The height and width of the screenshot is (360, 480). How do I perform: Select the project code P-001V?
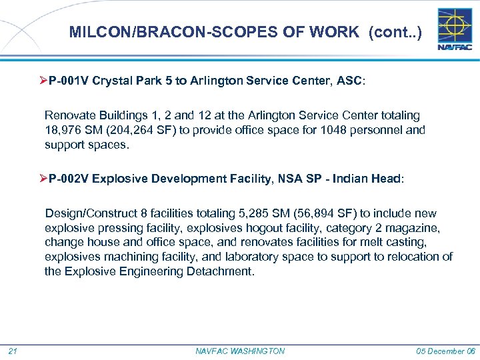click(x=70, y=81)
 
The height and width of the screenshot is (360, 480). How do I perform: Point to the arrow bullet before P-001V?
click(x=43, y=81)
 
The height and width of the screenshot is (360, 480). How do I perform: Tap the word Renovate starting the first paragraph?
click(x=67, y=115)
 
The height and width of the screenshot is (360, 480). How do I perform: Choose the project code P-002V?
click(x=70, y=179)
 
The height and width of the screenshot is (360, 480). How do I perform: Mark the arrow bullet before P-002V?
click(x=43, y=179)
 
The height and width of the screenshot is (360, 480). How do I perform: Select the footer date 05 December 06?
click(x=445, y=351)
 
